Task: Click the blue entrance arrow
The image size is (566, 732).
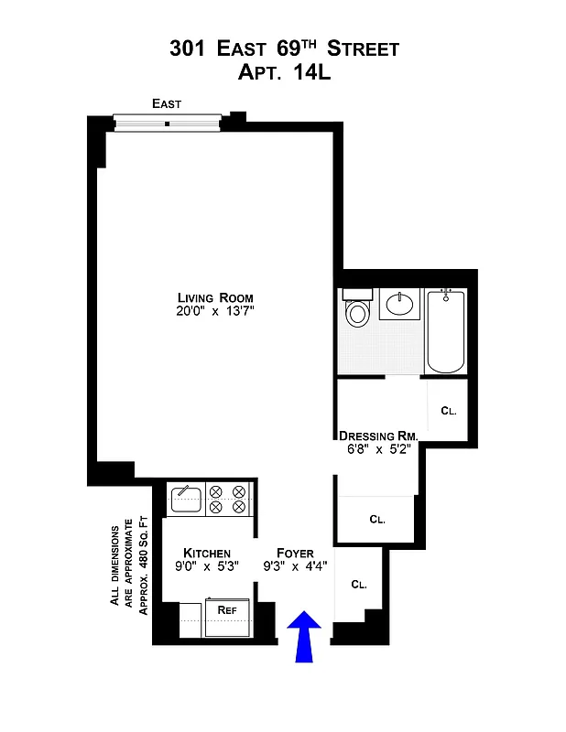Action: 305,638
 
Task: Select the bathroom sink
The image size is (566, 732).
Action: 399,305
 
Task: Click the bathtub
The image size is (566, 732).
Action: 446,330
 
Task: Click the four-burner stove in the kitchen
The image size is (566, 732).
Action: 228,499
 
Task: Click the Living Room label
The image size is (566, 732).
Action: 215,298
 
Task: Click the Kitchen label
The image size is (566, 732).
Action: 207,553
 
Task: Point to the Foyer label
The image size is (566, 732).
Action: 294,553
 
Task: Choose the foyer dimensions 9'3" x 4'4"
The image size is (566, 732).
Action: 294,566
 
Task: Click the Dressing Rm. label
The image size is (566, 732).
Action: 378,436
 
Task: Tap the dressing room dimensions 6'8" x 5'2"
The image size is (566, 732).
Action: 378,449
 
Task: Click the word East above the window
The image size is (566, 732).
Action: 167,104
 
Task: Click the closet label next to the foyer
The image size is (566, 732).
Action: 358,584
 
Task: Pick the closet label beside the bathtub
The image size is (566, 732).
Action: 448,411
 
